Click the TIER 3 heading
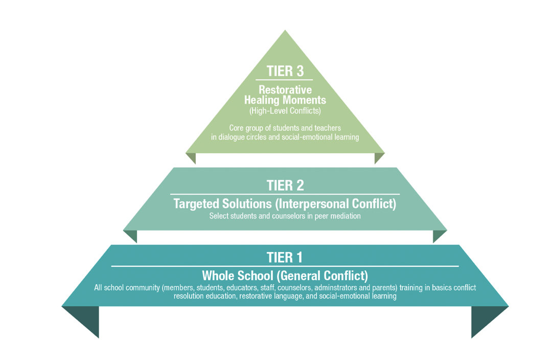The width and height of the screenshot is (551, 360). click(285, 71)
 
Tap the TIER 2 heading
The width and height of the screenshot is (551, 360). click(285, 185)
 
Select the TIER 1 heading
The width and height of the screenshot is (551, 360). click(284, 257)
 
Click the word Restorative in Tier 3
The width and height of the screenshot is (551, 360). click(285, 89)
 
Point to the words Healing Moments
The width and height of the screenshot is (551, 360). click(285, 100)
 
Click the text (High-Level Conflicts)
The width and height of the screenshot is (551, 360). click(285, 111)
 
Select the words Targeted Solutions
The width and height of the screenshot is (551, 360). click(223, 204)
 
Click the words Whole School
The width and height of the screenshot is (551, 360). click(238, 275)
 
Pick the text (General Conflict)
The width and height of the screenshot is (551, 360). click(322, 276)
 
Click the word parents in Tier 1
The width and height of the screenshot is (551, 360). click(384, 288)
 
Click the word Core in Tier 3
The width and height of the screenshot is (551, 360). click(236, 128)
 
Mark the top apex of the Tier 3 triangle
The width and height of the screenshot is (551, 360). click(285, 30)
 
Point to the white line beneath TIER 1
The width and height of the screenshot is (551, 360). click(285, 266)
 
